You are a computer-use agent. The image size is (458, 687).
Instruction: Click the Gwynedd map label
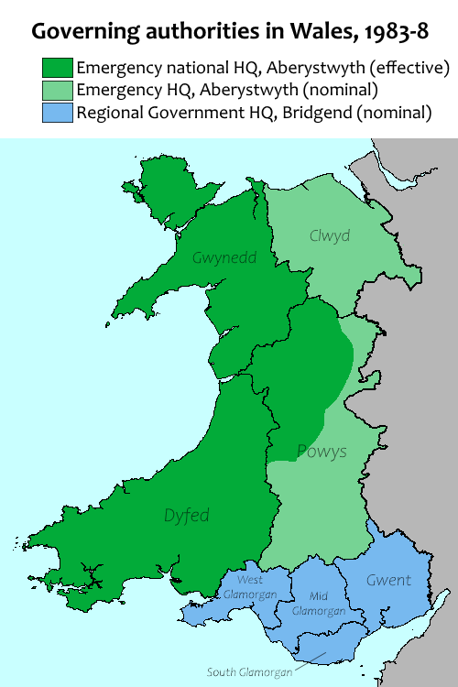(224, 258)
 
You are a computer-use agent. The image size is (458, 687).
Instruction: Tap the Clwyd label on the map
(331, 234)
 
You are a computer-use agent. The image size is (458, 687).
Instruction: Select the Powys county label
(322, 452)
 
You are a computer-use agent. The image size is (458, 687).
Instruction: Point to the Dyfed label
(187, 516)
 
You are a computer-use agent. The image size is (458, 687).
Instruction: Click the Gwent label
(388, 580)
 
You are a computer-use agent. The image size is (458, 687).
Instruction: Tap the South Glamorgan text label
(251, 671)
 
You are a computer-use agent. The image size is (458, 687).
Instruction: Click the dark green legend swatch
(58, 69)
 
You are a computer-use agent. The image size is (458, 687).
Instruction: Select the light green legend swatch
(58, 91)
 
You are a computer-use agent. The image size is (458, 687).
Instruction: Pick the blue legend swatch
(58, 113)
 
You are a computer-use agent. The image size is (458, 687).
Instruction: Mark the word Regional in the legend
(108, 114)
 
